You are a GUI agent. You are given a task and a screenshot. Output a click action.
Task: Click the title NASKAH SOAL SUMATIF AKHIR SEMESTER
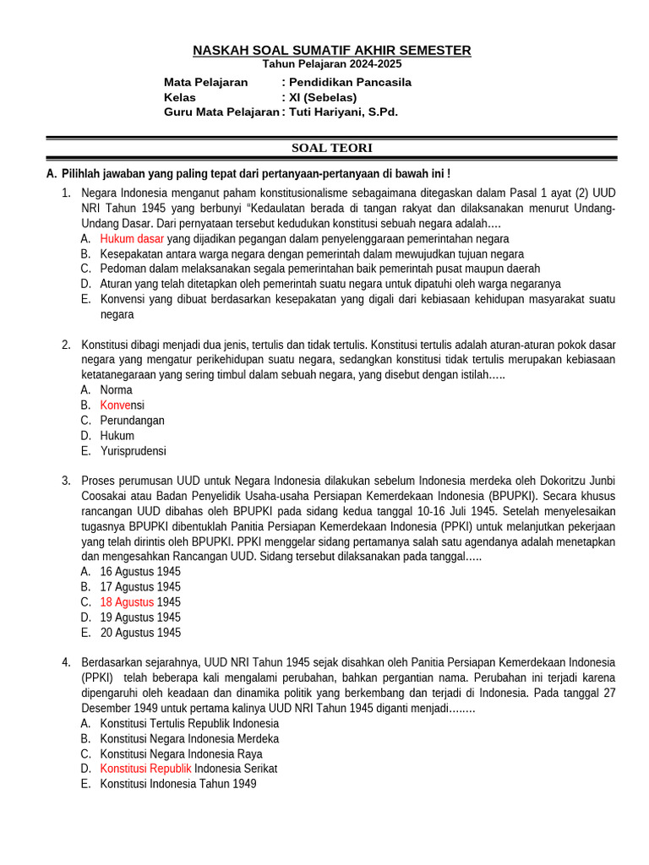pos(332,51)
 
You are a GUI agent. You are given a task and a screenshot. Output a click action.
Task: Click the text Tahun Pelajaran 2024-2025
pos(332,64)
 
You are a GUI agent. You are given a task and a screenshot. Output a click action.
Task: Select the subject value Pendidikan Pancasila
pos(350,82)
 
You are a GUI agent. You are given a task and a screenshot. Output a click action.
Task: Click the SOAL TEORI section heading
pos(332,148)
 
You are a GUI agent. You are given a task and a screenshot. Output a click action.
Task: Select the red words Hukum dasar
pos(132,238)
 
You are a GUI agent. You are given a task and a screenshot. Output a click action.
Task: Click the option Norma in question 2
pos(117,390)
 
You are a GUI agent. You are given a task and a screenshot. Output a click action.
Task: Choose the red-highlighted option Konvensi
pos(123,405)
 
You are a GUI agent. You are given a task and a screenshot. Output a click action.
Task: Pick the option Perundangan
pos(133,421)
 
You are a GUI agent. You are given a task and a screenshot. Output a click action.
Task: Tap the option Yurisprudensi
pos(134,451)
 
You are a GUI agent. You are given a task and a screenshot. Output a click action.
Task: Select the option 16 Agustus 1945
pos(140,572)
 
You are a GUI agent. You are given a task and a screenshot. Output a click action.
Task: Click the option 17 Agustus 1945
pos(140,587)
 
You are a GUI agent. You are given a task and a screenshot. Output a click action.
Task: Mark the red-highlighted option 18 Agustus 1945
pos(140,602)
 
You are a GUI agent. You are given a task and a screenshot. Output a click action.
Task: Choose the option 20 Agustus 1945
pos(140,633)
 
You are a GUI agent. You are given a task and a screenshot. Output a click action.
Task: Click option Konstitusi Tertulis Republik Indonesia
pos(189,724)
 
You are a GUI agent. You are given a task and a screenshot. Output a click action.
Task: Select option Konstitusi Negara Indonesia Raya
pos(181,754)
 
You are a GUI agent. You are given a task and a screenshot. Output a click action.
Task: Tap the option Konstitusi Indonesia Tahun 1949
pos(178,784)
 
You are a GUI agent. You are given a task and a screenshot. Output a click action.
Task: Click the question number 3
pos(66,481)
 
